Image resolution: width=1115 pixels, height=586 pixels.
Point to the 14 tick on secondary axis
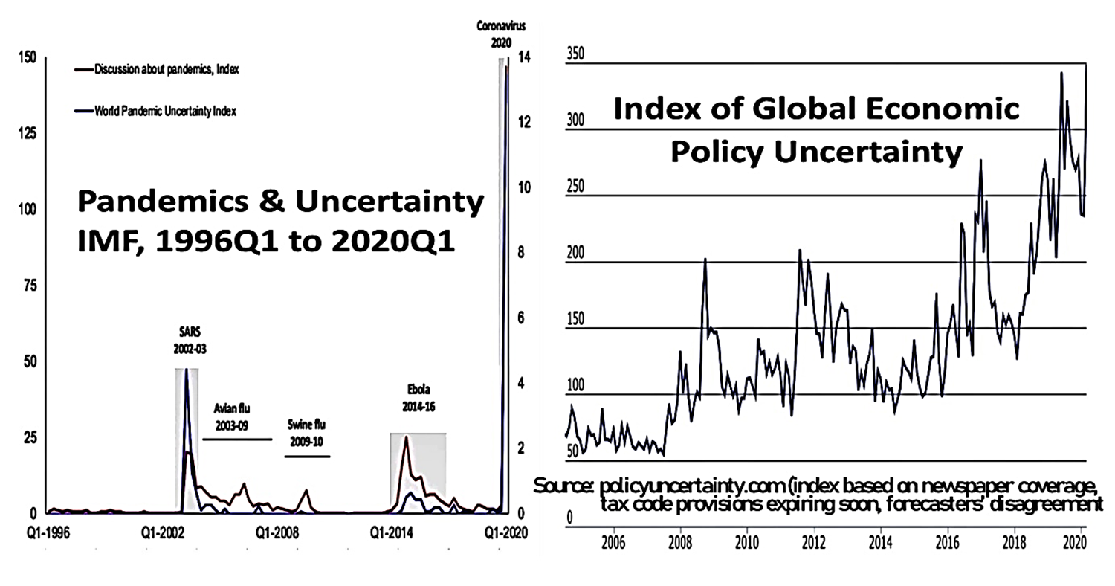click(x=523, y=57)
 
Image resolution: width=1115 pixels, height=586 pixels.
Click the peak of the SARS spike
click(x=187, y=370)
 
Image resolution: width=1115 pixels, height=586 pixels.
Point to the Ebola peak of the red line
click(x=406, y=438)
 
